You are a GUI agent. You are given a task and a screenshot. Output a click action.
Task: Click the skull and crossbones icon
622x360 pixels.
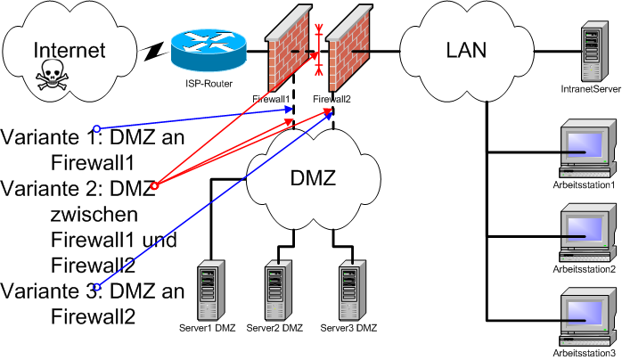(53, 79)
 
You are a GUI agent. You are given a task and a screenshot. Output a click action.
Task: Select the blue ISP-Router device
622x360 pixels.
(208, 51)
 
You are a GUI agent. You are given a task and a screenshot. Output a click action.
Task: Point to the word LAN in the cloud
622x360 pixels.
(465, 49)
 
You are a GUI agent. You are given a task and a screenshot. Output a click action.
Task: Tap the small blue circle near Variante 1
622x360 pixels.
(97, 127)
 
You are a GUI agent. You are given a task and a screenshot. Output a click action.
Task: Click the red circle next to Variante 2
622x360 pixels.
(154, 185)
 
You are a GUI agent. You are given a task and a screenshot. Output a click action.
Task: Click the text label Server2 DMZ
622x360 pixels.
(274, 328)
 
